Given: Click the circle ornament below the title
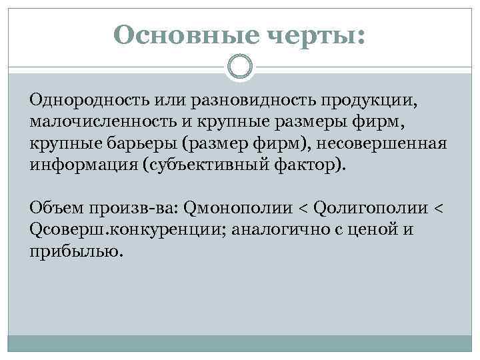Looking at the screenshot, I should click(x=239, y=67).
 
